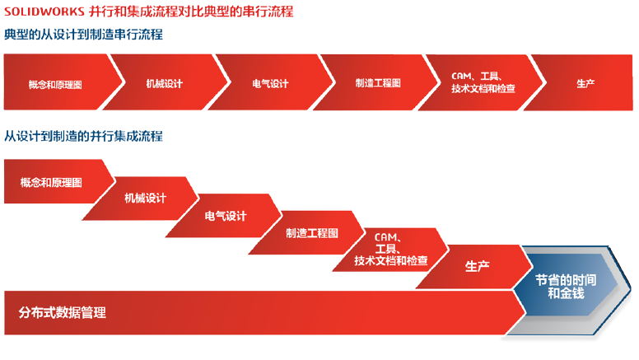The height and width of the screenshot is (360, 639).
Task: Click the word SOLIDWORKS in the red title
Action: (44, 12)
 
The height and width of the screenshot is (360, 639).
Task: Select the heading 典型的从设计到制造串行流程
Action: (83, 35)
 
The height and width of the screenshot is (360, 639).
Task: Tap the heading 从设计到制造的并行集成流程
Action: (83, 136)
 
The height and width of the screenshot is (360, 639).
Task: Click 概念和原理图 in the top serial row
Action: (55, 84)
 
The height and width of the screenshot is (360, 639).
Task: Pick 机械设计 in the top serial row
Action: (164, 83)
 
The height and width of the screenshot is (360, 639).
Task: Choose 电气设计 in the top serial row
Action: (270, 83)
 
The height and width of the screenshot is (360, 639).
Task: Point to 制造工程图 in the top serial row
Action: (378, 83)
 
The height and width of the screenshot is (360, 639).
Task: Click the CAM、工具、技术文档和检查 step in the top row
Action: (483, 82)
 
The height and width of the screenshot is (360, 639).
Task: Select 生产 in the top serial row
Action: (585, 83)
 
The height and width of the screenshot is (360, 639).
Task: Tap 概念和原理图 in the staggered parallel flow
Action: (51, 182)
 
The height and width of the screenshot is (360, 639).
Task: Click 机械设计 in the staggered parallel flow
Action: (145, 199)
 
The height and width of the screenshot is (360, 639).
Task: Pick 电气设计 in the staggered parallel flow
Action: (226, 216)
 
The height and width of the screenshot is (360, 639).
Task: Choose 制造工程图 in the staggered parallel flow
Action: (312, 233)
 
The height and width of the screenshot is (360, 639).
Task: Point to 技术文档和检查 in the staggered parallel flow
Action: (391, 260)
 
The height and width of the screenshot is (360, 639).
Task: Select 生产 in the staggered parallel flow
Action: (477, 266)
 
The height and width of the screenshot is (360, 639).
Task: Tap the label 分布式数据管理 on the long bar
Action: (62, 313)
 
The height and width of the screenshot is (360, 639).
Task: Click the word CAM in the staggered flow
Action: (385, 237)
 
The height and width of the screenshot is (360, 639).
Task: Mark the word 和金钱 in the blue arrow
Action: (566, 293)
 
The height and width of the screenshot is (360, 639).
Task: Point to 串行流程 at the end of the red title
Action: (268, 12)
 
